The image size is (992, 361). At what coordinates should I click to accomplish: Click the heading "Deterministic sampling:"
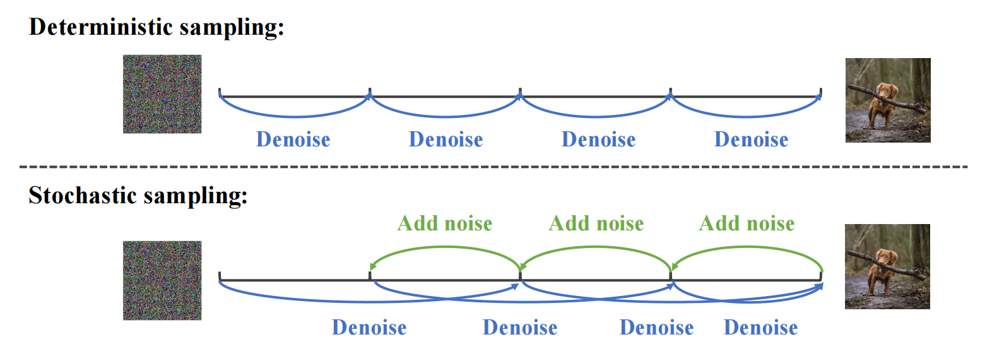point(156,27)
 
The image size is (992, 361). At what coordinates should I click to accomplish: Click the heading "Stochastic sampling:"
point(138,196)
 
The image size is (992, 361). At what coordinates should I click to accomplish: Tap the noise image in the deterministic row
point(162,94)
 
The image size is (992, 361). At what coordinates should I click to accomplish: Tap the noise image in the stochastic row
point(162,280)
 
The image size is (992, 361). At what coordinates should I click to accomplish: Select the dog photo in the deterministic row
point(888,100)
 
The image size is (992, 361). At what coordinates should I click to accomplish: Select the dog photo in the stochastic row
point(887,266)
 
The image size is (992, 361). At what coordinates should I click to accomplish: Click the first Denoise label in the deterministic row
point(293,139)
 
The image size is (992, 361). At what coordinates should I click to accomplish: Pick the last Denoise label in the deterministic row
point(751,139)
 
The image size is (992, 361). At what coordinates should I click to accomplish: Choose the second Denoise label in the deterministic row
point(446,139)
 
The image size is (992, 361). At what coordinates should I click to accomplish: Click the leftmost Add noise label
point(445,223)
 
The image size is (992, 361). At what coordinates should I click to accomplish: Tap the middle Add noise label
point(596,223)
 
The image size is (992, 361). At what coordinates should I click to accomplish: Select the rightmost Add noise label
point(747,223)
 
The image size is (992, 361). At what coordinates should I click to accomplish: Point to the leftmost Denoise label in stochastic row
point(369,328)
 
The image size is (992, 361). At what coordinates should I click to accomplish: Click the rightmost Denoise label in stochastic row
point(760,328)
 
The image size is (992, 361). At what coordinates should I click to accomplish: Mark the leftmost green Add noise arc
point(445,247)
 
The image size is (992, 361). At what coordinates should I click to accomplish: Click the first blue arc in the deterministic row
point(295,116)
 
